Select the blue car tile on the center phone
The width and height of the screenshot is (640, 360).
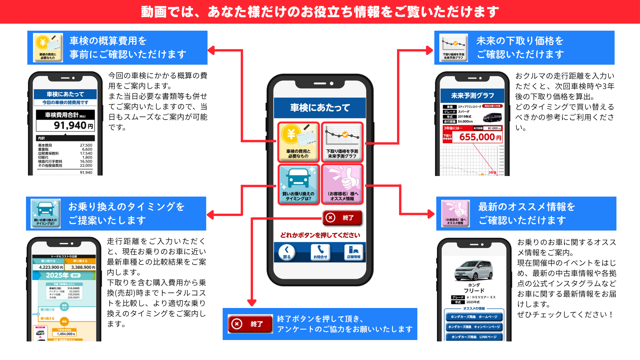tap(298, 184)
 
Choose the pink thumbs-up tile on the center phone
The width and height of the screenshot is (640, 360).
tap(342, 184)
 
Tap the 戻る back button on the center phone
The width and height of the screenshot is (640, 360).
tap(287, 252)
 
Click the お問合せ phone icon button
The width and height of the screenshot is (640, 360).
tap(320, 252)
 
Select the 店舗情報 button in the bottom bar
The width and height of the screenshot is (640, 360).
tap(354, 252)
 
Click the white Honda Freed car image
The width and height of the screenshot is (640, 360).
tap(473, 270)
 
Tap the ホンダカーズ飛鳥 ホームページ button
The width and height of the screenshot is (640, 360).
tap(474, 317)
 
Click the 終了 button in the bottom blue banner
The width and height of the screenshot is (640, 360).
tap(250, 324)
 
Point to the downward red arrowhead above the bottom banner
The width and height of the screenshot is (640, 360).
tap(252, 303)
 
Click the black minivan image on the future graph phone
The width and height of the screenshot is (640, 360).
tap(492, 118)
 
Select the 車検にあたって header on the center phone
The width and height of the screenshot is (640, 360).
tap(320, 108)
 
